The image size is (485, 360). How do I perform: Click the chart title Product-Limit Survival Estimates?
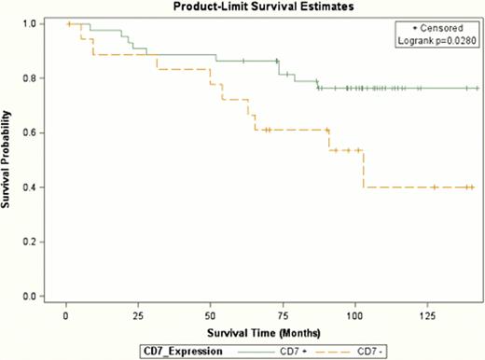point(253,7)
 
